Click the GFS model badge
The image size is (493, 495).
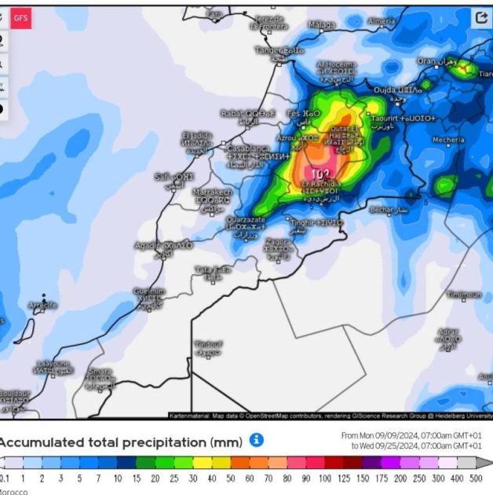pyautogui.click(x=21, y=17)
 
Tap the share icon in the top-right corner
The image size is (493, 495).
pyautogui.click(x=480, y=17)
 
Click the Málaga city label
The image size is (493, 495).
pyautogui.click(x=321, y=25)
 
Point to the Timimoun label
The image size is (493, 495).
pyautogui.click(x=463, y=295)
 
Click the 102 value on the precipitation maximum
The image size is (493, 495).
pyautogui.click(x=320, y=174)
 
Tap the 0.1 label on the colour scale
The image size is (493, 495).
pyautogui.click(x=5, y=478)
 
